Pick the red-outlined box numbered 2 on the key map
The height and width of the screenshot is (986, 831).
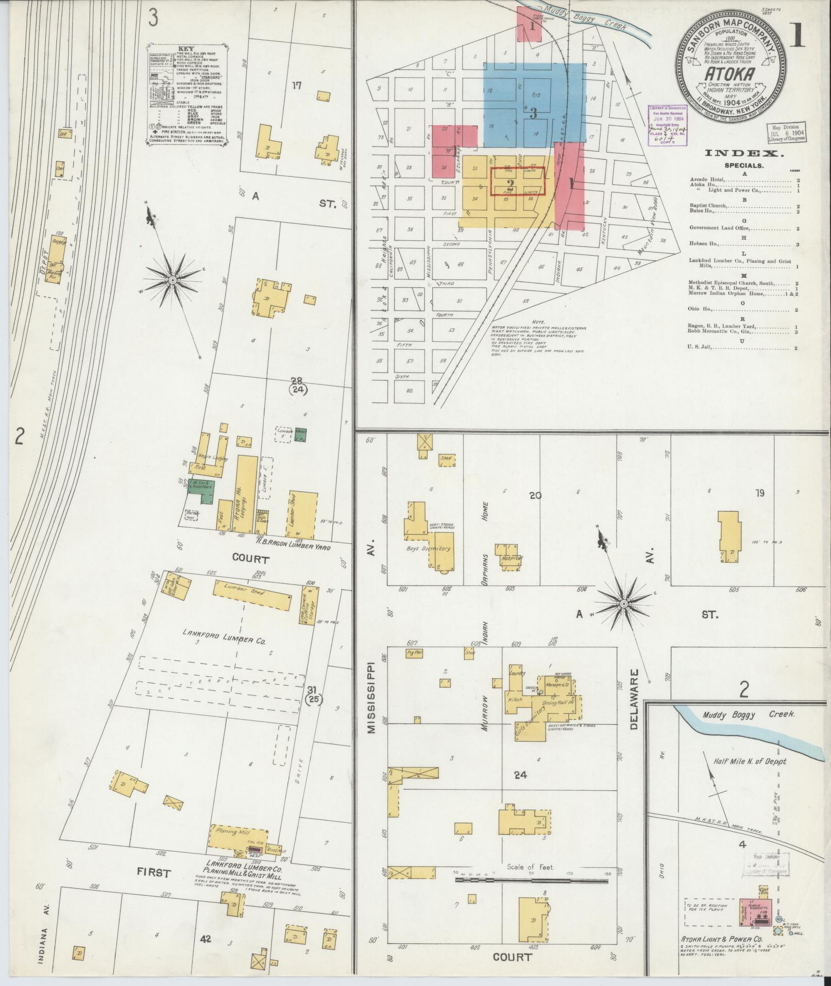(517, 182)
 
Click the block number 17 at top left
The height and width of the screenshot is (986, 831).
(296, 86)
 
